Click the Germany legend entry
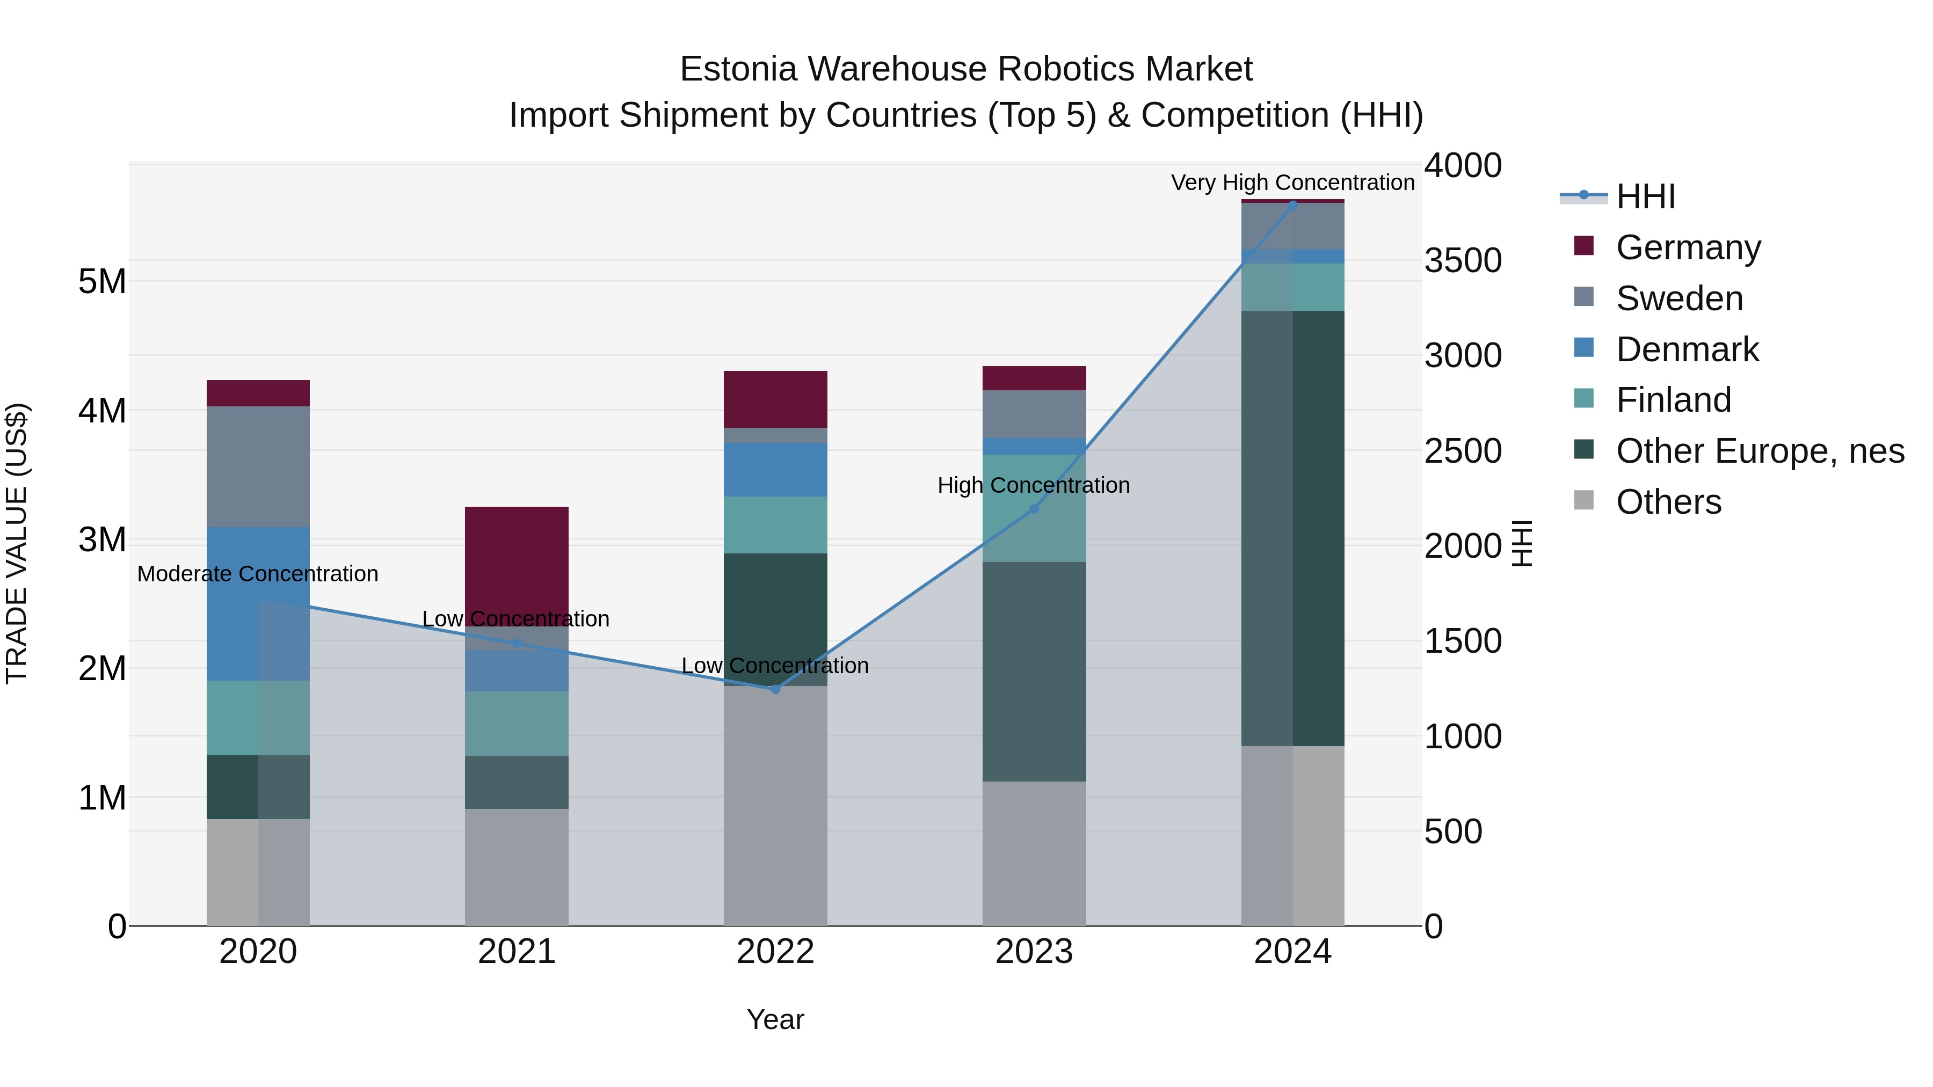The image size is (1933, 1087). coord(1688,247)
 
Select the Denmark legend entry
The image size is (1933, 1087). coord(1687,349)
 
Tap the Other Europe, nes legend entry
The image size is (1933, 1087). coord(1760,451)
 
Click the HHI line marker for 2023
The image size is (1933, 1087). coord(1034,509)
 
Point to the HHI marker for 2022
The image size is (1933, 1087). coord(776,689)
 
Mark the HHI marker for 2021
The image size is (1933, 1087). coord(516,643)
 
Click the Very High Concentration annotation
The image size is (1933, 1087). coord(1292,183)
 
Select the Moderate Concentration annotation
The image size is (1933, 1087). coord(257,574)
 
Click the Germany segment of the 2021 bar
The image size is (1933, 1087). coord(516,563)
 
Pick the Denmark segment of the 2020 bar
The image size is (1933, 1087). coord(257,604)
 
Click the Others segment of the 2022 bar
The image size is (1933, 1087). coord(775,806)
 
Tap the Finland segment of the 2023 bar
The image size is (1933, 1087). coord(1034,517)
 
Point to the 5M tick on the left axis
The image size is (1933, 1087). coord(102,282)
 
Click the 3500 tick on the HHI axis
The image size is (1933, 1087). coord(1463,261)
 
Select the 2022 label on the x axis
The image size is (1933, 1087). coord(775,952)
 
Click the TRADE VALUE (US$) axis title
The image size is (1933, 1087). coord(17,544)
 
